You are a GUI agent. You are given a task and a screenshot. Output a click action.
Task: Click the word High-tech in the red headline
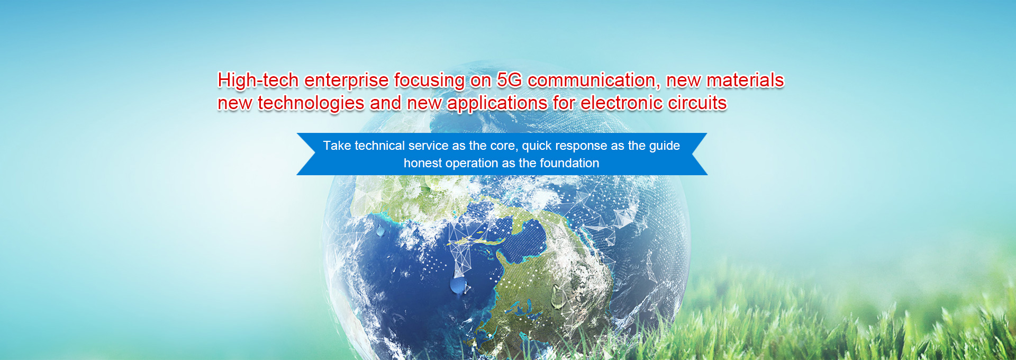pyautogui.click(x=258, y=80)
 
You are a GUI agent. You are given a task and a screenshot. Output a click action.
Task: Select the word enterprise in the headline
pyautogui.click(x=347, y=80)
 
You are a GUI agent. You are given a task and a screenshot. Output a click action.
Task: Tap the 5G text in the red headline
pyautogui.click(x=509, y=80)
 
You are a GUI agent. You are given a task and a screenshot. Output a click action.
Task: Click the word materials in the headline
pyautogui.click(x=745, y=80)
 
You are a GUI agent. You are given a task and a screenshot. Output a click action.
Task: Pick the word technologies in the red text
pyautogui.click(x=311, y=103)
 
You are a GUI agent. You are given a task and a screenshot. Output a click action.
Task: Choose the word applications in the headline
pyautogui.click(x=497, y=103)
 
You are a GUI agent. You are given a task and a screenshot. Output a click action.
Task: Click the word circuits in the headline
pyautogui.click(x=697, y=103)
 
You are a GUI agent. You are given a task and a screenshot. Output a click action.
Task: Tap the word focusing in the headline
pyautogui.click(x=429, y=80)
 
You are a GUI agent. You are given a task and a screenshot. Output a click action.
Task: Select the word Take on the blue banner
pyautogui.click(x=337, y=146)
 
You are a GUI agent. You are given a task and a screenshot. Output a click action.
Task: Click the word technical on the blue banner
pyautogui.click(x=379, y=146)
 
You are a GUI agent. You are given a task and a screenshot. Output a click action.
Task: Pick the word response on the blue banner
pyautogui.click(x=581, y=147)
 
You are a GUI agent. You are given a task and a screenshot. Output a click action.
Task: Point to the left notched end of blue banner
pyautogui.click(x=312, y=154)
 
